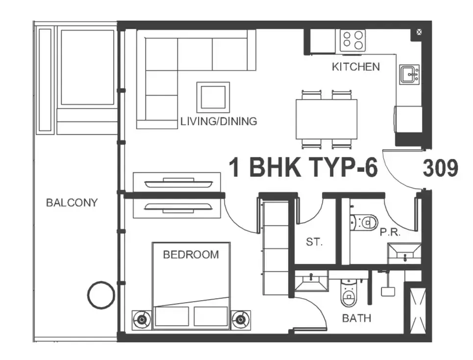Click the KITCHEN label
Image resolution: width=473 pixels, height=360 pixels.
pyautogui.click(x=356, y=67)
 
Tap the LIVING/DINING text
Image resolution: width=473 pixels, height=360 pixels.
pyautogui.click(x=219, y=121)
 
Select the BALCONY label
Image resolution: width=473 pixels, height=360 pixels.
pyautogui.click(x=72, y=203)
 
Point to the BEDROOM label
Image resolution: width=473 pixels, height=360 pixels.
pyautogui.click(x=191, y=255)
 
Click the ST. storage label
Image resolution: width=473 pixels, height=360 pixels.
pyautogui.click(x=314, y=242)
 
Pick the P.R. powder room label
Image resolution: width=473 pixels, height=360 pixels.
pyautogui.click(x=390, y=232)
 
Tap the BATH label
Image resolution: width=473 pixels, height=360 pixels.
pyautogui.click(x=356, y=318)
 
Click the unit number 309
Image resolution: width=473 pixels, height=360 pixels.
pyautogui.click(x=441, y=168)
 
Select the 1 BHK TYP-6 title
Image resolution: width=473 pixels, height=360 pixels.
pyautogui.click(x=303, y=167)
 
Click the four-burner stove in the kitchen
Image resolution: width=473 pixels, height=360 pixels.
pyautogui.click(x=352, y=40)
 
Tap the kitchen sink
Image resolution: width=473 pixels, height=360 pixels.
pyautogui.click(x=410, y=74)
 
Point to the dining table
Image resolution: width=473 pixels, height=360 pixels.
pyautogui.click(x=327, y=119)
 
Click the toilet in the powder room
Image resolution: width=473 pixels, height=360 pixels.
pyautogui.click(x=364, y=223)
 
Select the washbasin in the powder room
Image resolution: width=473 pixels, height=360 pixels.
pyautogui.click(x=404, y=254)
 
